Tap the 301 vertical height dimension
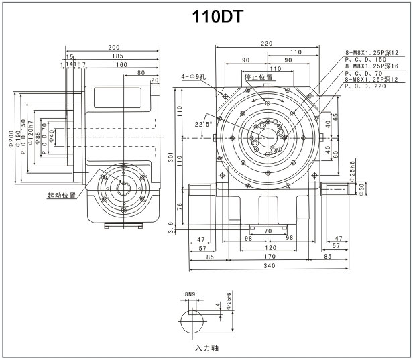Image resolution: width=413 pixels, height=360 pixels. (x=171, y=158)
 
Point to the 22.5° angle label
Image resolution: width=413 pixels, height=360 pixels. (x=202, y=124)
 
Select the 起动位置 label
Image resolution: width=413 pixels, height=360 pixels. (x=62, y=196)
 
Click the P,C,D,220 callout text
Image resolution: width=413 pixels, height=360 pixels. (x=366, y=86)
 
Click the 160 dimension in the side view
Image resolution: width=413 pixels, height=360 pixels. (x=121, y=65)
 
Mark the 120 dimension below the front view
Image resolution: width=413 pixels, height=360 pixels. (x=268, y=246)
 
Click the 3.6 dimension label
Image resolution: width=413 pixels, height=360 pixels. (x=172, y=229)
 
